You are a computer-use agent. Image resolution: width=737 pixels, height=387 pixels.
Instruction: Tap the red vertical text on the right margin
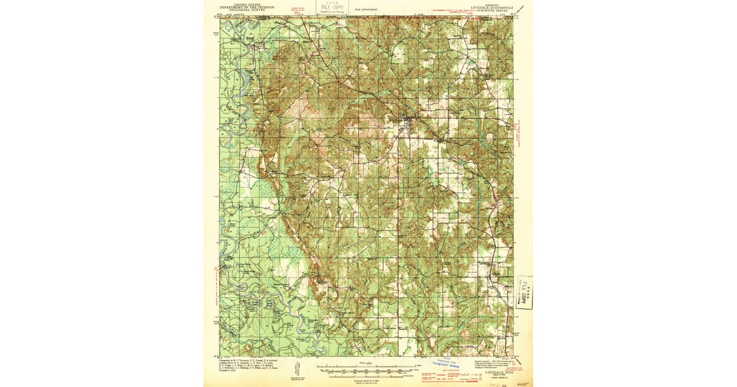[518, 132]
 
